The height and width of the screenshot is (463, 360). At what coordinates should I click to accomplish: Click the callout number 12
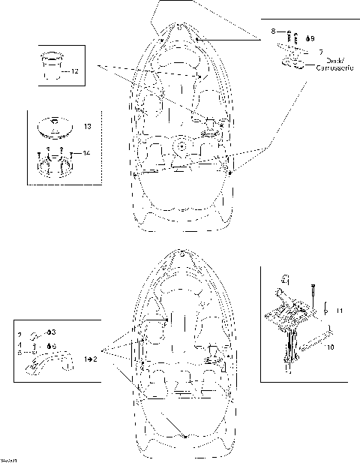tap(74, 72)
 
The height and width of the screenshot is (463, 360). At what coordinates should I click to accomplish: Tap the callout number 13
tap(88, 128)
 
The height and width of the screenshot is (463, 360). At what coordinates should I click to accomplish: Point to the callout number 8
tap(274, 32)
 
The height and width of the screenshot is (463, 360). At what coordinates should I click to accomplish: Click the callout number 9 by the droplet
tap(312, 38)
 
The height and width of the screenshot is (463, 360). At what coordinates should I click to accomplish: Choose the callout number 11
tap(338, 310)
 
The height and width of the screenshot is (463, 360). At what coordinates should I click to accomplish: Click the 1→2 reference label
tap(91, 360)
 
